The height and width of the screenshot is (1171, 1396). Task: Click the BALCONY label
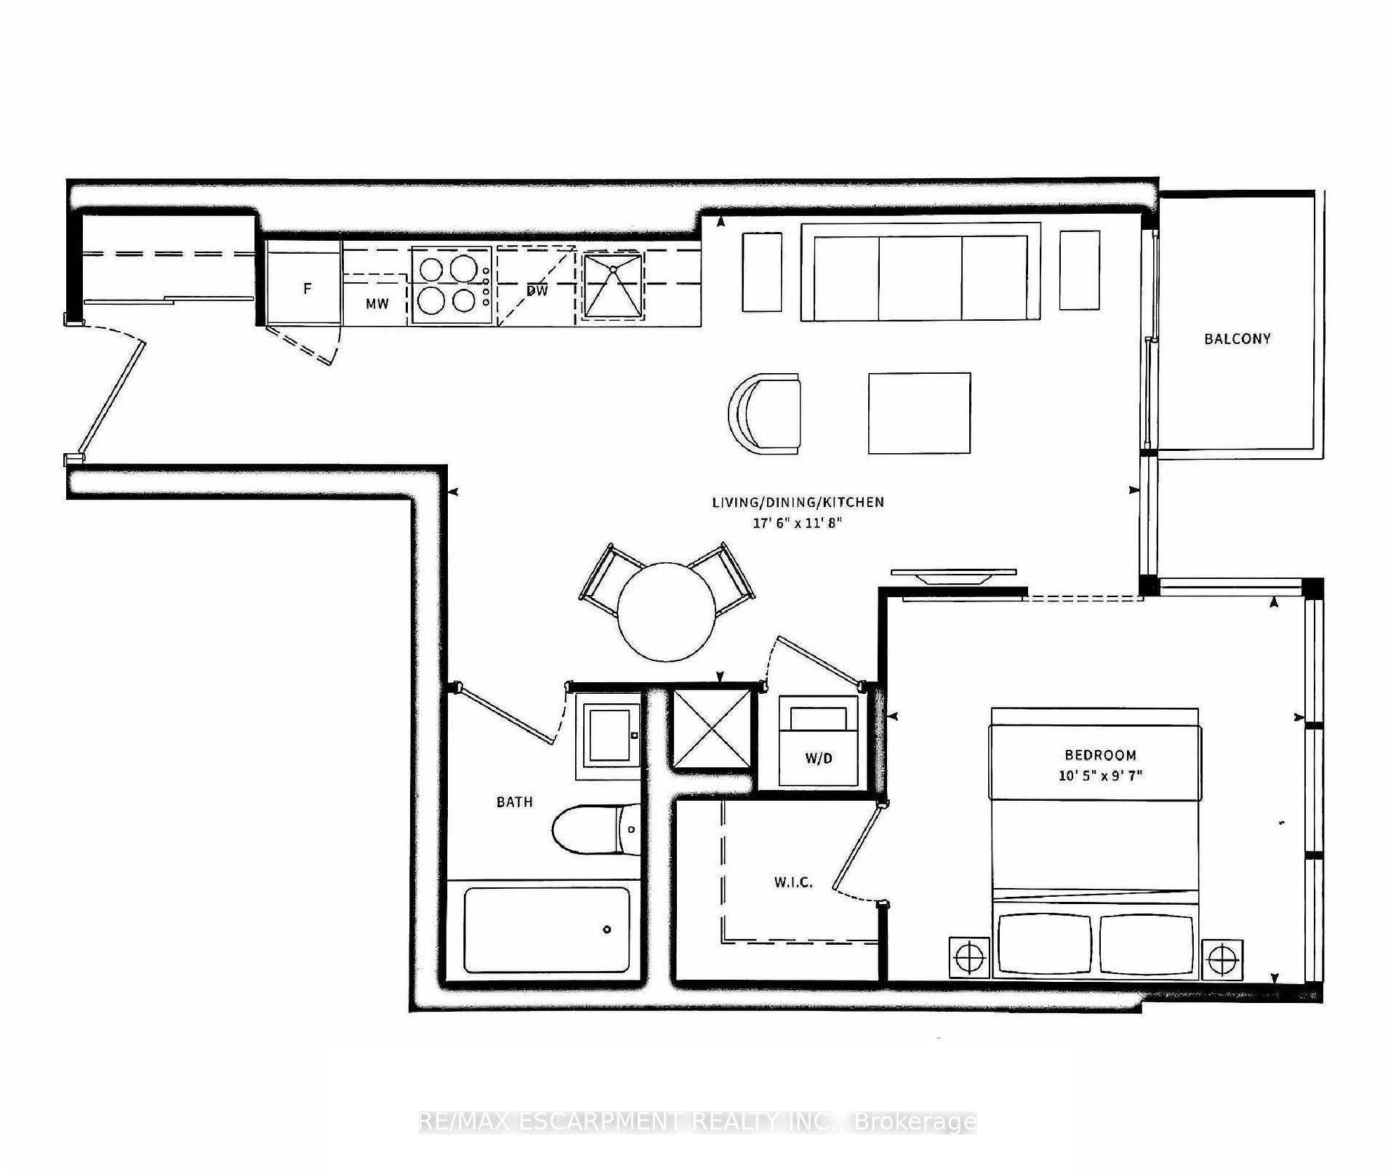(1237, 339)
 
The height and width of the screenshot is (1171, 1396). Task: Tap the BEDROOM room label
(1100, 755)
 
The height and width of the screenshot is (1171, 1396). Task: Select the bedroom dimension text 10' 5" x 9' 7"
(1100, 775)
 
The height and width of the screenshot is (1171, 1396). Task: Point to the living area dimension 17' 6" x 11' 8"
(798, 522)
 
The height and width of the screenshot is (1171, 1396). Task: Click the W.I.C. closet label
(793, 883)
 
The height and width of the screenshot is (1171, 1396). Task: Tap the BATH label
(515, 802)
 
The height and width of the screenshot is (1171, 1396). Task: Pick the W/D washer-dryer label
(819, 759)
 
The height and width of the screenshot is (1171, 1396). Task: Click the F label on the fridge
(308, 289)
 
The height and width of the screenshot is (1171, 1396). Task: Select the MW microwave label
(377, 304)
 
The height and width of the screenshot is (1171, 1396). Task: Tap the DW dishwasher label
(537, 291)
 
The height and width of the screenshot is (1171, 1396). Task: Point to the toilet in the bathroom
(596, 830)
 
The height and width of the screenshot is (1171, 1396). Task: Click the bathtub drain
(607, 929)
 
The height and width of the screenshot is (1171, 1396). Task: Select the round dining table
(667, 611)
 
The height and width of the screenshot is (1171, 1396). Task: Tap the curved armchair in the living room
(765, 414)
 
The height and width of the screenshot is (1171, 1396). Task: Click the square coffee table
(920, 413)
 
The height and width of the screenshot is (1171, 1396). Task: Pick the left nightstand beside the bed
(970, 959)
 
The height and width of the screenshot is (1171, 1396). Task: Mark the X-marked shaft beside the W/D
(712, 729)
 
